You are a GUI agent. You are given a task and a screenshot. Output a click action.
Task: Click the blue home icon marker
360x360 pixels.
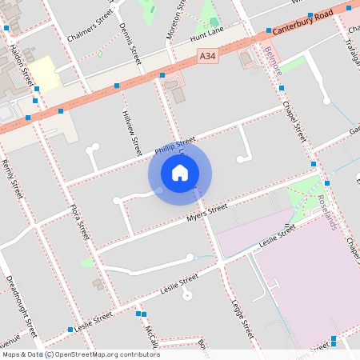(x=180, y=172)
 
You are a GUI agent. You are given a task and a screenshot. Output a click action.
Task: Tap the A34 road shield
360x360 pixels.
(x=207, y=56)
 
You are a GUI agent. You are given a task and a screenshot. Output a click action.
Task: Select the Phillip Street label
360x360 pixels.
(x=175, y=145)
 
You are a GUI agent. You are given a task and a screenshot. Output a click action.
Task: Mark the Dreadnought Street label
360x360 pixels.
(x=21, y=305)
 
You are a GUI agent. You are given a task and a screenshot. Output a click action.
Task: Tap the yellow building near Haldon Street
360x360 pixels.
(x=45, y=73)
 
